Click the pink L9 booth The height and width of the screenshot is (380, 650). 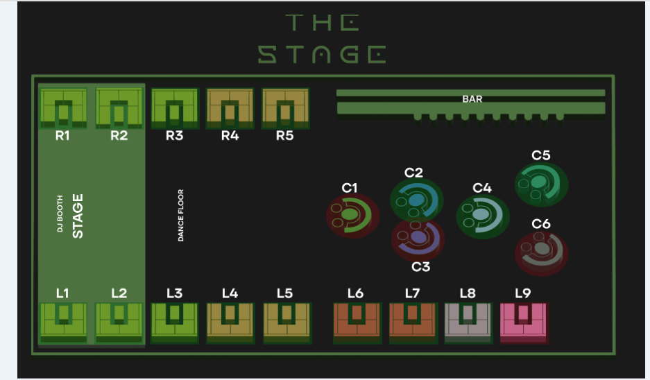coord(523,322)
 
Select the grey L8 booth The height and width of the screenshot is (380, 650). coord(468,322)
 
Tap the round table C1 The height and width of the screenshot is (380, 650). coord(352,215)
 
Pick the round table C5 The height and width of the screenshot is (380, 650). coord(541,184)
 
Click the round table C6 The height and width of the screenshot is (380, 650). coord(541,253)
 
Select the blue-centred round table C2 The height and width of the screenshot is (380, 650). coord(416,200)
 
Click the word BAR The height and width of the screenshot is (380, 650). coord(472,99)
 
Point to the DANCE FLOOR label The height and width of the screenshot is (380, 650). coord(181,215)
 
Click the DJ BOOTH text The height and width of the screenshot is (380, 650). coord(60,216)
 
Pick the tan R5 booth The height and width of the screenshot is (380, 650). coord(285,108)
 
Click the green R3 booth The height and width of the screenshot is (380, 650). coord(175,108)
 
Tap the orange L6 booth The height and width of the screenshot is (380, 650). coord(357,322)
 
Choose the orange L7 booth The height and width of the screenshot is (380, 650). coord(412,322)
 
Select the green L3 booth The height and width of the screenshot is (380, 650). coord(175,322)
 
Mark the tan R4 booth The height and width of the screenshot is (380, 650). coord(230,108)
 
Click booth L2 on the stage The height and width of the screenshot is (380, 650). coord(119,322)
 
